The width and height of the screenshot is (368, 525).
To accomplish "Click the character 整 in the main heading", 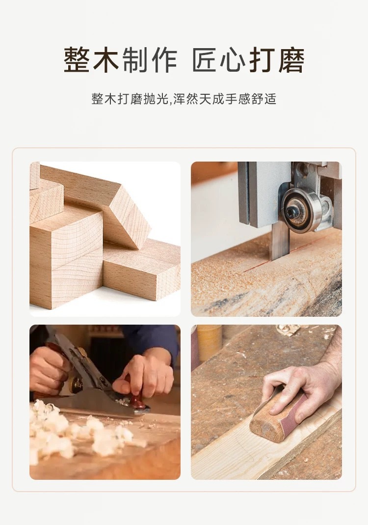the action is coord(77,60).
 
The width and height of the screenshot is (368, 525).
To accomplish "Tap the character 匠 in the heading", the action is coord(205,60).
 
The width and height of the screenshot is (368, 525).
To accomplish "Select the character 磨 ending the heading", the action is coord(291,60).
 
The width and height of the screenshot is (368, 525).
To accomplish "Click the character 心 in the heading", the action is coord(234,60).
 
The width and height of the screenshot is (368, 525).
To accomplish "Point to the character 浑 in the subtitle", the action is coord(179,99).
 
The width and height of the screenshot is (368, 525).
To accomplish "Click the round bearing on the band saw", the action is coord(301,209).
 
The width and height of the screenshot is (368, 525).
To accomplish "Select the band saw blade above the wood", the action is coord(280,242).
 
